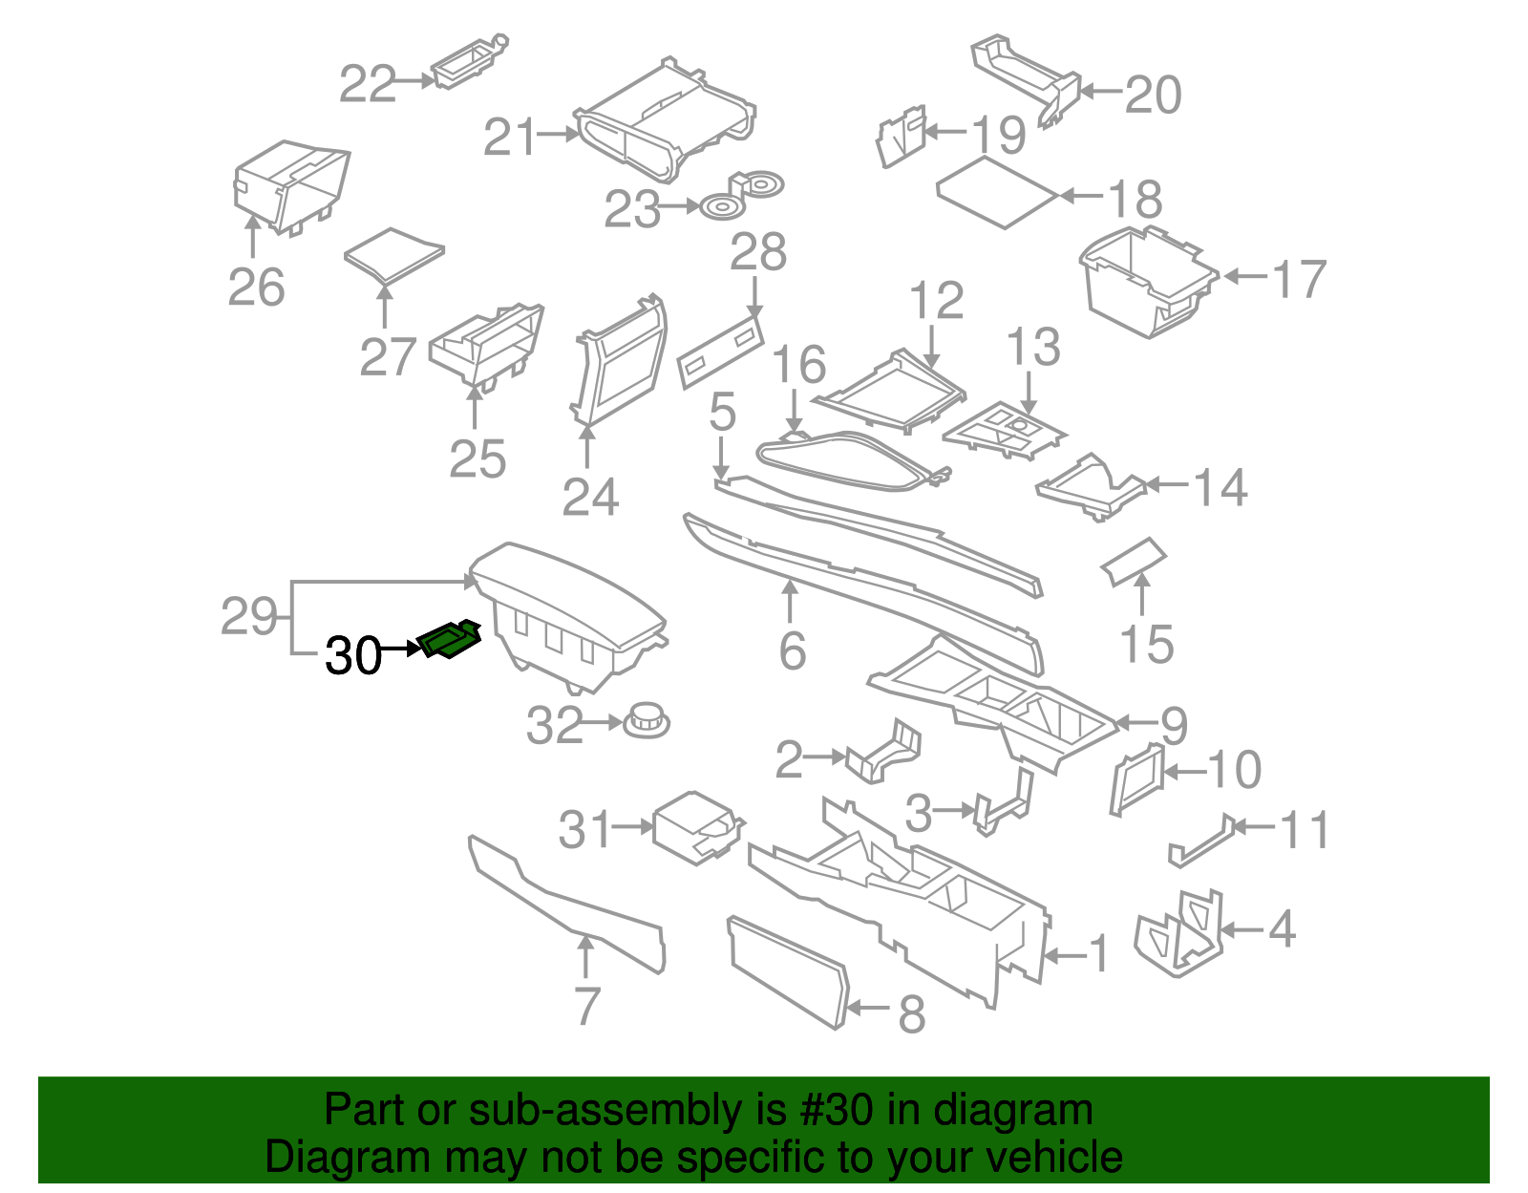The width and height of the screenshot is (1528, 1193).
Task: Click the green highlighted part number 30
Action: pos(449,639)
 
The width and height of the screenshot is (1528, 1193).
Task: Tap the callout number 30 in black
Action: pos(353,656)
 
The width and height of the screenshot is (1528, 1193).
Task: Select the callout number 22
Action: pos(368,84)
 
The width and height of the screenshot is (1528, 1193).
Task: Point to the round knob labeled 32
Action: pos(647,720)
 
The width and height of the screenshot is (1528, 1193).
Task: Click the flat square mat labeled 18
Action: pos(997,192)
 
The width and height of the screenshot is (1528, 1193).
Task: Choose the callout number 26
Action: pos(256,287)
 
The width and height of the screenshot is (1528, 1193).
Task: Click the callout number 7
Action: pos(586,1006)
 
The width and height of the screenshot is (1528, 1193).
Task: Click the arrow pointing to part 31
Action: pos(632,826)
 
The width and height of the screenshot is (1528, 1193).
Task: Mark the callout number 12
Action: pos(936,301)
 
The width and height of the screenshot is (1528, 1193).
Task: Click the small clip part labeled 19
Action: pos(901,138)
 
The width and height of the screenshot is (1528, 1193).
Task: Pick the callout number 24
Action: pos(590,497)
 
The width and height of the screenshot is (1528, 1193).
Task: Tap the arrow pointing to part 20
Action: pos(1101,93)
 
